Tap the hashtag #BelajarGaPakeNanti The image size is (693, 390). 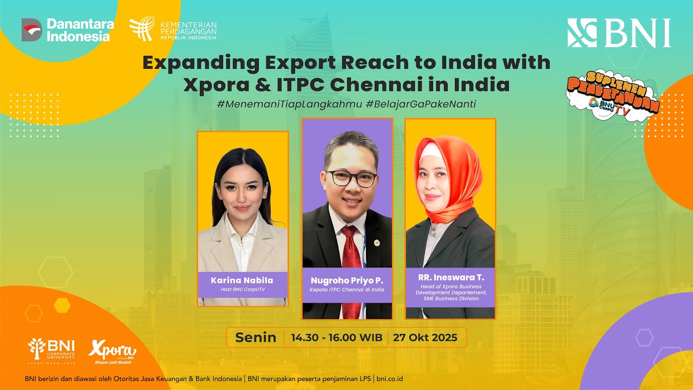pyautogui.click(x=421, y=104)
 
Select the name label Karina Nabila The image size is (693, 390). pyautogui.click(x=242, y=280)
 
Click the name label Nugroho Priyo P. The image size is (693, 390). pyautogui.click(x=347, y=280)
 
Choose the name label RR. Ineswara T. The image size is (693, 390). pyautogui.click(x=450, y=277)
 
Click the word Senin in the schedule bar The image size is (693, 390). pyautogui.click(x=256, y=337)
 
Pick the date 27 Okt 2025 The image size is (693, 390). pyautogui.click(x=425, y=337)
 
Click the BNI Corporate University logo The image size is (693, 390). pyautogui.click(x=52, y=352)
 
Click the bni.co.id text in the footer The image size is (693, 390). pyautogui.click(x=389, y=379)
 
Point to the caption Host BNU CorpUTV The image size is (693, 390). pyautogui.click(x=242, y=290)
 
